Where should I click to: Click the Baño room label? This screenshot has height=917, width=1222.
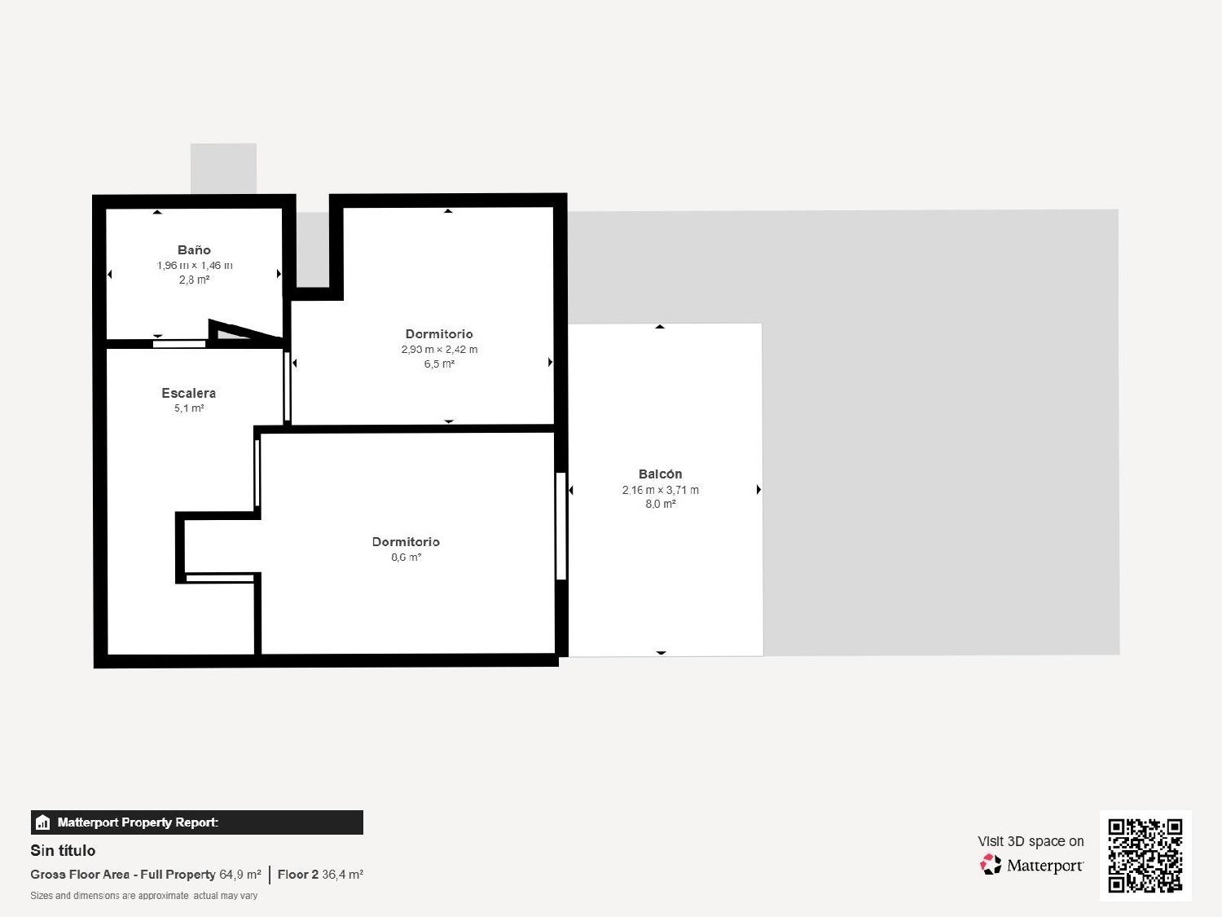194,250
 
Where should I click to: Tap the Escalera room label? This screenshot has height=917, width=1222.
188,393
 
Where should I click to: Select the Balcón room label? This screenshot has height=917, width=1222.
660,474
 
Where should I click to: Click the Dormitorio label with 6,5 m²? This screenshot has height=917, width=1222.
439,334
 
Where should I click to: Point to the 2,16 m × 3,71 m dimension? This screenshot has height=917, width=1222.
660,490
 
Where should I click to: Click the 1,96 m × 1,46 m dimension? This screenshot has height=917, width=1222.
195,266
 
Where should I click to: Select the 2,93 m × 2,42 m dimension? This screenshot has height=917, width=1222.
439,350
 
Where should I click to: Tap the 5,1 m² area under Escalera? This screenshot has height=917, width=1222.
189,408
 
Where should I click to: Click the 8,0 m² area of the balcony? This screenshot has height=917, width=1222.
661,505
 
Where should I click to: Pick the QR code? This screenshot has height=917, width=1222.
1145,855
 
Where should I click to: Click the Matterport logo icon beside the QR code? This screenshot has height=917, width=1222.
991,865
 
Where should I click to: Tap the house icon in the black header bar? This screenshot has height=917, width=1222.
43,822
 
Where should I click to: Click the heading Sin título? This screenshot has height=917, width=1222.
63,850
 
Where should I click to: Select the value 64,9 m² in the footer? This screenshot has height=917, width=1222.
240,875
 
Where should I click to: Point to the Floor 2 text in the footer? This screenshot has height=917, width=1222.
298,875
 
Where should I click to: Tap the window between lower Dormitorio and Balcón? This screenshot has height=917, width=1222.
560,526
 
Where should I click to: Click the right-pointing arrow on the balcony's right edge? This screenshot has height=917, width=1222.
758,490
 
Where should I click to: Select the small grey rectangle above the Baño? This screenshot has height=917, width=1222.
223,169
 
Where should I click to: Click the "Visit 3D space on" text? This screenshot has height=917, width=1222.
1031,841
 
